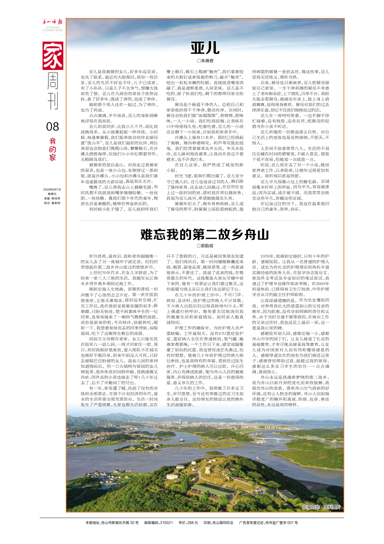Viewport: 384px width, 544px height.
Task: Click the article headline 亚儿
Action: [205, 48]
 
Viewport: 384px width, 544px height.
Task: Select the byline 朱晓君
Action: [206, 61]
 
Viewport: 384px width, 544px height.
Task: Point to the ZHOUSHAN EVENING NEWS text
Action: [49, 29]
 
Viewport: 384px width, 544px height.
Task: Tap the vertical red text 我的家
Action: [52, 149]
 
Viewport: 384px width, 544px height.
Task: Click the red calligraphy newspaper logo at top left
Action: [49, 21]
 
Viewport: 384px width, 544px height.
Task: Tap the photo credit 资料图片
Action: [332, 507]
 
